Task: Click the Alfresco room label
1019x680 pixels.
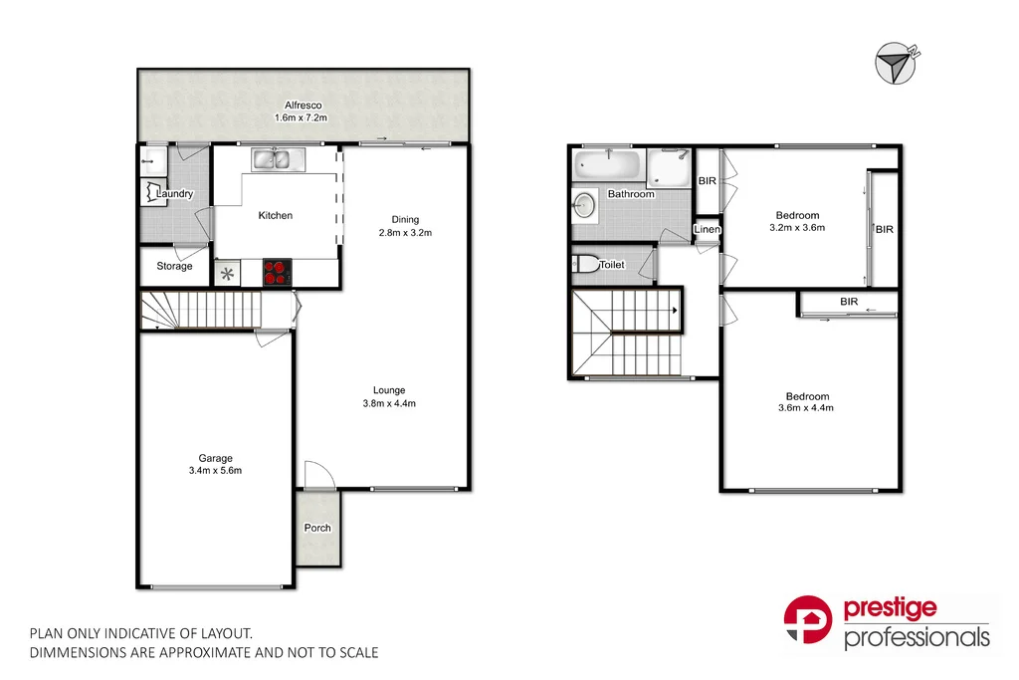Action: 301,105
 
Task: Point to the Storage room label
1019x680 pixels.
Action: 174,267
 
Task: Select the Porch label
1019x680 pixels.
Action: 317,528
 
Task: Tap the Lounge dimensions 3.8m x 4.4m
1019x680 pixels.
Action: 389,403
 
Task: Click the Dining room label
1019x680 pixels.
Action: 405,220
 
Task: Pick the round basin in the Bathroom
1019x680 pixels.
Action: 585,206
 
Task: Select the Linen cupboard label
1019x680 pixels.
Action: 707,230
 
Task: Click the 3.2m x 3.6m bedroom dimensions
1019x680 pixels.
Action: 797,228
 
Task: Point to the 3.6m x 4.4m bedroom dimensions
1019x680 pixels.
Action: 805,407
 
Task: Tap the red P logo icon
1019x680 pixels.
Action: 809,620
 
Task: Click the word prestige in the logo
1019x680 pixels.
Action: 890,609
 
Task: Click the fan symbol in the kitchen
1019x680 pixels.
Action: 228,273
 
